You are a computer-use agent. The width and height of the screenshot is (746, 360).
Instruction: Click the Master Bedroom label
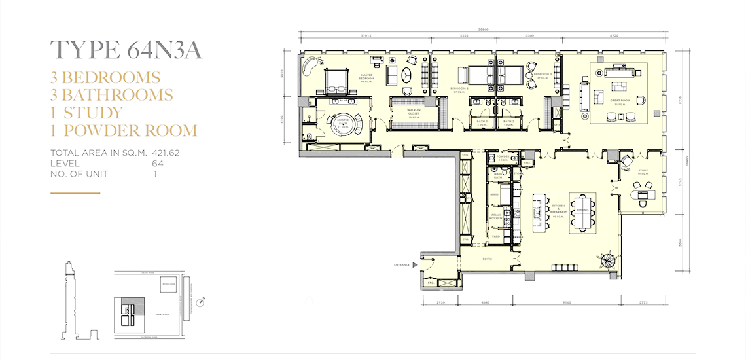click(366, 77)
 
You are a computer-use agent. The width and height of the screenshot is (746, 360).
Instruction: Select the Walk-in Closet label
click(414, 113)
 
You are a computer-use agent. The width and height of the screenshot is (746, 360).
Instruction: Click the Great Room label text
click(619, 101)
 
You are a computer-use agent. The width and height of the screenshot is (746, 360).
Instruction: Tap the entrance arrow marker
click(414, 265)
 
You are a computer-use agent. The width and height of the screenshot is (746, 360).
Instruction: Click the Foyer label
click(488, 259)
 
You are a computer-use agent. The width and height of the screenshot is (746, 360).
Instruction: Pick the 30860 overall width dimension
click(483, 29)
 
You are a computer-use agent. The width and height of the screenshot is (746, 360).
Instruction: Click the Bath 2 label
click(482, 122)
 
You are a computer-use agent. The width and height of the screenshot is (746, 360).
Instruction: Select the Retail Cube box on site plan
click(169, 284)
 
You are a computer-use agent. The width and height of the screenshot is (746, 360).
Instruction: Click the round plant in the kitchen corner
click(609, 261)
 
